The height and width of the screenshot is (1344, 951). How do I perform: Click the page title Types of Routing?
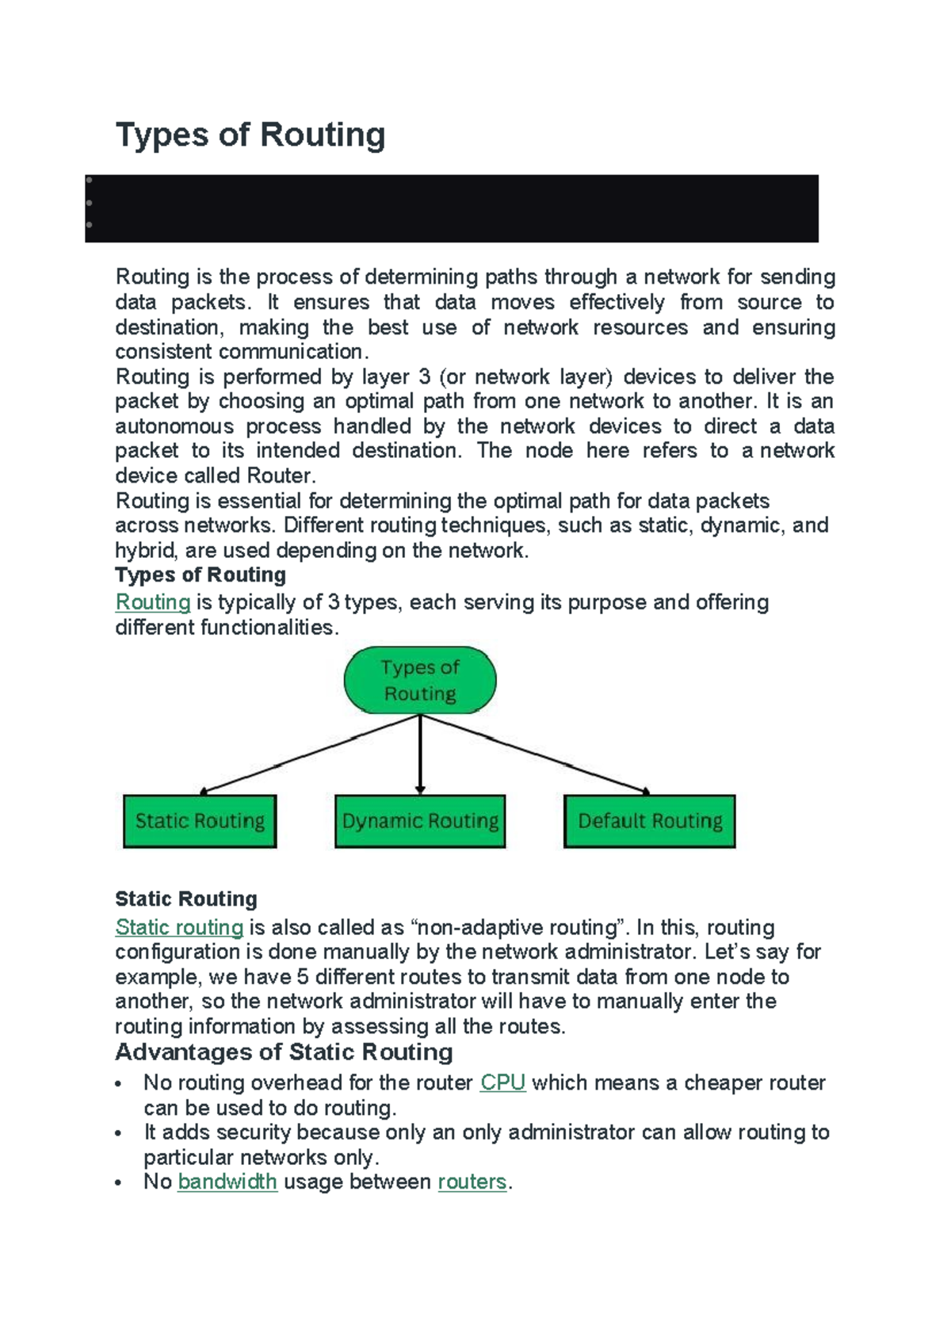[250, 135]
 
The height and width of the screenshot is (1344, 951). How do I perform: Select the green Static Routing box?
[200, 821]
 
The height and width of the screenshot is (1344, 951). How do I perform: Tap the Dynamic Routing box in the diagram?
[420, 821]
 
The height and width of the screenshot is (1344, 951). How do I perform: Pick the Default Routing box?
[650, 821]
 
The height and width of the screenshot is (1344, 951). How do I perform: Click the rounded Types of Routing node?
[420, 680]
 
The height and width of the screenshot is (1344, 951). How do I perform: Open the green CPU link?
[502, 1082]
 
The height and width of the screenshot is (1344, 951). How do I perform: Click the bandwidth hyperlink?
[227, 1182]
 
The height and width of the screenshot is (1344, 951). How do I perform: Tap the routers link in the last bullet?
[472, 1182]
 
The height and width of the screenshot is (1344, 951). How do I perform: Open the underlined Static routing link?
[179, 927]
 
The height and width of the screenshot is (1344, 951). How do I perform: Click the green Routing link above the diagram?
[153, 602]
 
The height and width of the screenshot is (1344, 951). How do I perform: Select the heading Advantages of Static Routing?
[284, 1052]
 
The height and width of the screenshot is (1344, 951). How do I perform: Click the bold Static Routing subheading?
[186, 899]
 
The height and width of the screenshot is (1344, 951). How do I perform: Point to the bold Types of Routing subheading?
[201, 575]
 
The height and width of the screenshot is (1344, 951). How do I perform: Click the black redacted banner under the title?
[452, 208]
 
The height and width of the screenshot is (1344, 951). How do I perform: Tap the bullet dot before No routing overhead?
[119, 1084]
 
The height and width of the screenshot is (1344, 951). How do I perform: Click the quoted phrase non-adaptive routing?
[517, 927]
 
